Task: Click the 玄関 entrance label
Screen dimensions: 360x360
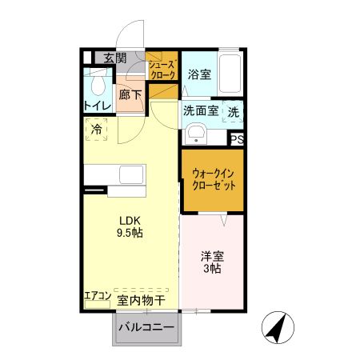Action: (114, 58)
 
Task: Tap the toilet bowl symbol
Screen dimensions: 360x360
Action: (98, 84)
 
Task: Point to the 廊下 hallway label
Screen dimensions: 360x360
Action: (130, 94)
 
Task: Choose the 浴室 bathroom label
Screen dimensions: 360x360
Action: (199, 74)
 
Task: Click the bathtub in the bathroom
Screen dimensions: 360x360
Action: (230, 76)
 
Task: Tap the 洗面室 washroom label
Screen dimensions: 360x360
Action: (200, 112)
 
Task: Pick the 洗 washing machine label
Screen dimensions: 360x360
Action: (234, 113)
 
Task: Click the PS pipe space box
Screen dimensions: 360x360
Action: (237, 138)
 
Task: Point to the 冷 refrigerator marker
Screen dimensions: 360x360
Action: (97, 129)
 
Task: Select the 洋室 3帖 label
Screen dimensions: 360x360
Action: (212, 262)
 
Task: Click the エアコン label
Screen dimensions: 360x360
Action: (97, 296)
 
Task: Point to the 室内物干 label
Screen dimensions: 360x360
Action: (141, 300)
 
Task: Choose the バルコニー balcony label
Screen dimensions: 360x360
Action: (146, 328)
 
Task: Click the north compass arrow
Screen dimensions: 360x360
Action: (278, 328)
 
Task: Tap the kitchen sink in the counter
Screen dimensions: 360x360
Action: (130, 174)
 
